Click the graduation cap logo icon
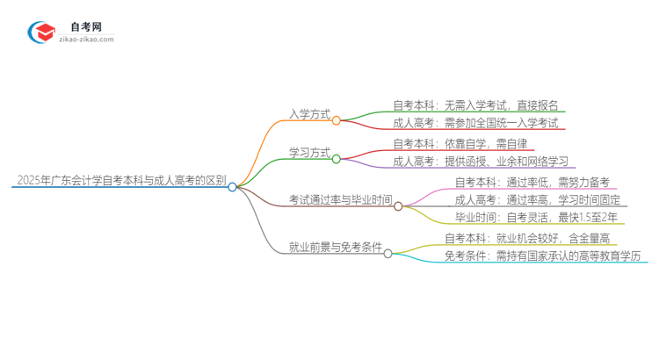coord(42,32)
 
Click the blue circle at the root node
coord(233,186)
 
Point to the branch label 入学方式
coord(309,114)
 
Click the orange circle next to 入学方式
coord(337,120)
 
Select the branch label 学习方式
coord(309,153)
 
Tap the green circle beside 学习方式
coord(337,159)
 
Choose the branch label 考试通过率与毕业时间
coord(340,200)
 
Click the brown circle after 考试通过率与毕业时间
coord(398,206)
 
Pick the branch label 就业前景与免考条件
coord(335,248)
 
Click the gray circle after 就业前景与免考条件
coord(387,253)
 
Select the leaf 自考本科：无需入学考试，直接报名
coord(475,105)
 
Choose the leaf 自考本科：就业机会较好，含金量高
coord(527,238)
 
